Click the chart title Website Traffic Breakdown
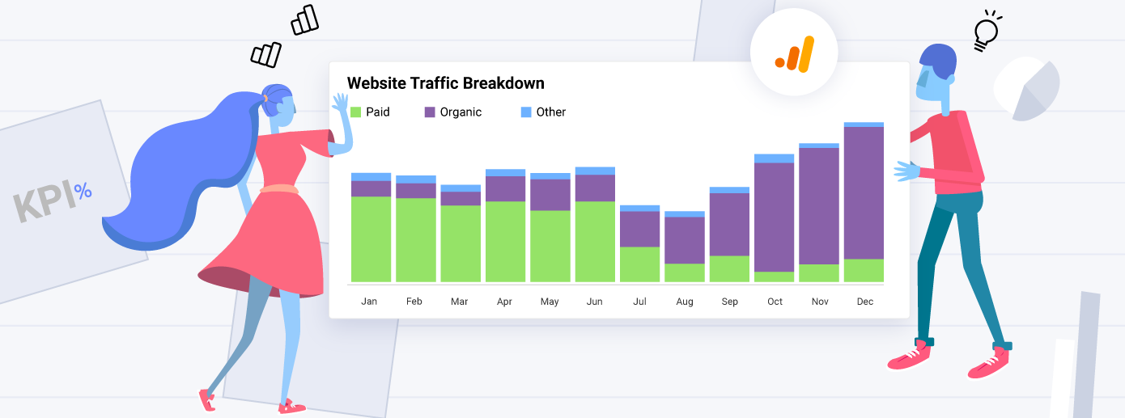445,83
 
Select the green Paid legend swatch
355,112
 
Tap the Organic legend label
461,112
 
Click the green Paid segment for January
371,239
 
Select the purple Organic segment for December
864,192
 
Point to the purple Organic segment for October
775,217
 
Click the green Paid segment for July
639,264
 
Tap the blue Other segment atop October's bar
775,158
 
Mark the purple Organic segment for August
685,240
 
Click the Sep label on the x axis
729,302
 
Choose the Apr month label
504,302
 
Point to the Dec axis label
864,302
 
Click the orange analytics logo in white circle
793,53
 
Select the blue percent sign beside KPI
83,192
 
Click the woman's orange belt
278,190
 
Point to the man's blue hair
938,61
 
